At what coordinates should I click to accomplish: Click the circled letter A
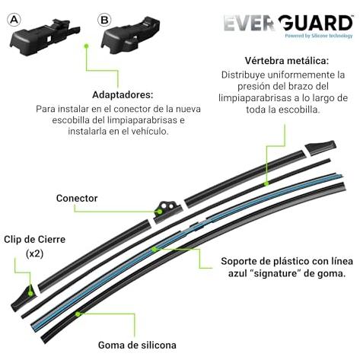coord(14,20)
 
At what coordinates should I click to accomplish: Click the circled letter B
coord(104,20)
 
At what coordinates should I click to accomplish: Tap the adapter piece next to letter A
coord(45,37)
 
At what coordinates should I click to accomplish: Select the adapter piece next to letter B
coord(131,35)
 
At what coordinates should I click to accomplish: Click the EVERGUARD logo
coord(288,23)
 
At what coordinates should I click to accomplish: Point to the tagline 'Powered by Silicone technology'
coord(319,36)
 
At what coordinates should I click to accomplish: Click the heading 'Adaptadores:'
coord(123,94)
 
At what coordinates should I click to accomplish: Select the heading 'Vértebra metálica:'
coord(287,61)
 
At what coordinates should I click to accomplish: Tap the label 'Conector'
coord(77,198)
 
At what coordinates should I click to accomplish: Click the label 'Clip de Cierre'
coord(34,239)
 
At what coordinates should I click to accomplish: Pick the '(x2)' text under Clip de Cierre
coord(35,253)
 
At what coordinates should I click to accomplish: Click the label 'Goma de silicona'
coord(137,345)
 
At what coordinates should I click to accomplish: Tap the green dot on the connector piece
coord(160,212)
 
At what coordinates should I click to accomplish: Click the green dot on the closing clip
coord(30,294)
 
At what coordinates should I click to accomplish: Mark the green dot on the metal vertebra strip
coord(266,183)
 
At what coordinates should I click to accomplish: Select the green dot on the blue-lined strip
coord(154,250)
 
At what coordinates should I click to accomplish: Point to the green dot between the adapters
coord(86,46)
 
